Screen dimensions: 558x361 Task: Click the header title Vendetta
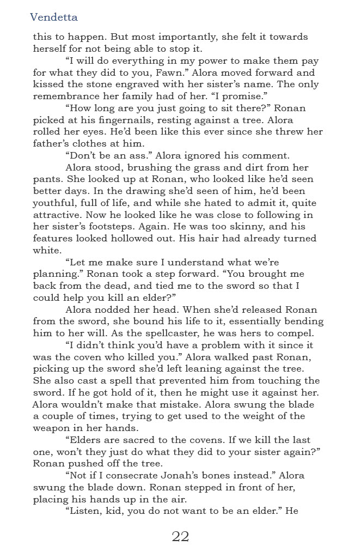54,17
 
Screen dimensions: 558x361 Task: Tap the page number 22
180,536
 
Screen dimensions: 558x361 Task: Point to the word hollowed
142,239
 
